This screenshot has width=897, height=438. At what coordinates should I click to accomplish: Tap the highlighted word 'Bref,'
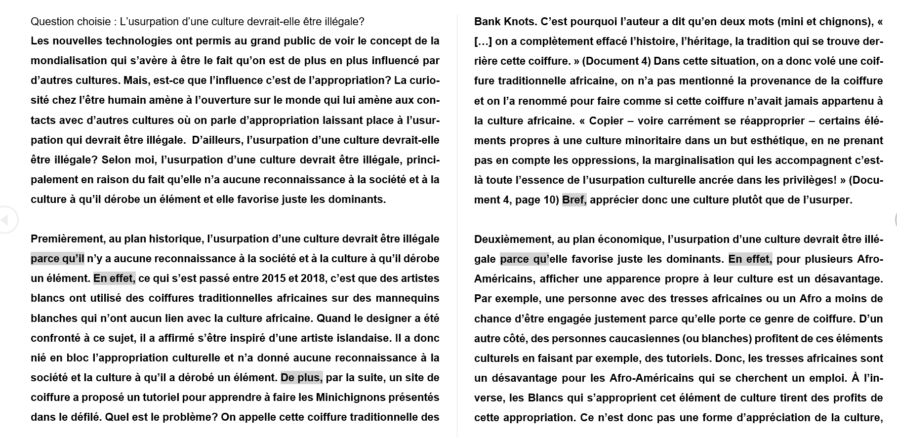click(x=574, y=200)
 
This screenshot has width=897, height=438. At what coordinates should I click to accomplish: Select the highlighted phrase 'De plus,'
click(x=301, y=378)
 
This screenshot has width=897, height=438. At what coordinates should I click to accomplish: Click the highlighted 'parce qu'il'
click(x=57, y=259)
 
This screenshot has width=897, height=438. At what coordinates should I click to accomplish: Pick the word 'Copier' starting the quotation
click(x=607, y=121)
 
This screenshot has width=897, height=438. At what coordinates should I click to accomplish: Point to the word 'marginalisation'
click(x=702, y=160)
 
